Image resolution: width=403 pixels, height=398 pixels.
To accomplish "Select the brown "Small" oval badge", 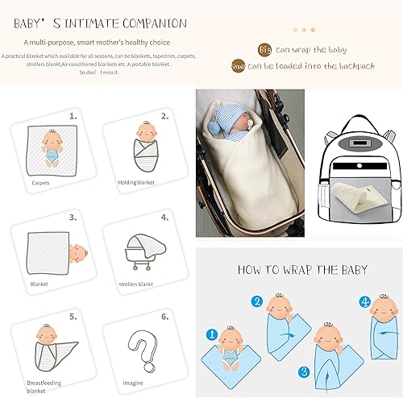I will [x=238, y=66].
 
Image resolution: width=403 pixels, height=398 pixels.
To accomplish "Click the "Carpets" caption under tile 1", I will [x=40, y=183].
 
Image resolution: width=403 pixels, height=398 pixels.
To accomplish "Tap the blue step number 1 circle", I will [x=212, y=332].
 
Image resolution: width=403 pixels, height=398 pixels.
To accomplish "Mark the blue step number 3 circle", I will [x=303, y=372].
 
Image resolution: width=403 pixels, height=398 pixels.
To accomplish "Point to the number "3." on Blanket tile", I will [x=72, y=217].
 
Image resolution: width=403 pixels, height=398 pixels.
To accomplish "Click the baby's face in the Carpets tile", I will [x=53, y=135].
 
